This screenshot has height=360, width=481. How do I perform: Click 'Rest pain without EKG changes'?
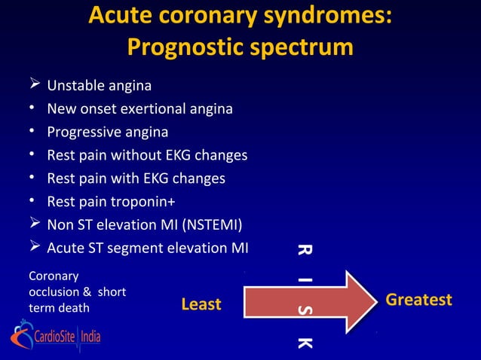click(147, 156)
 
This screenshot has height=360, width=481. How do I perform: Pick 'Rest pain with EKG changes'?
click(136, 179)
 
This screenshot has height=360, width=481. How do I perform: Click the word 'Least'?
click(201, 304)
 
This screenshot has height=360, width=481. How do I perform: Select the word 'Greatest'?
click(418, 301)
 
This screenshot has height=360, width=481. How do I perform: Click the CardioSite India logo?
click(57, 336)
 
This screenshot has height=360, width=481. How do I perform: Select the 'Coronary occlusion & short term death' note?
click(68, 292)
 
